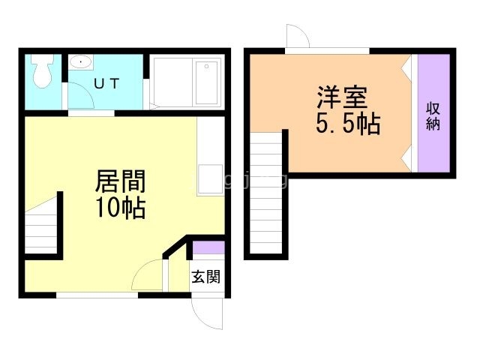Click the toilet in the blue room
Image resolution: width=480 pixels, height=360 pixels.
coord(43,70)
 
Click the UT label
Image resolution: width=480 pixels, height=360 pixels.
coord(106,84)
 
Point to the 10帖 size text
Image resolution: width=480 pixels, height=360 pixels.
coord(120,208)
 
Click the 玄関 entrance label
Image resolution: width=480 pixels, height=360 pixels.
coord(205,277)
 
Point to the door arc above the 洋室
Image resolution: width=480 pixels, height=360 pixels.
coord(297,37)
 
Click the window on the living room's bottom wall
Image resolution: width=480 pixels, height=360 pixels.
coord(97,295)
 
